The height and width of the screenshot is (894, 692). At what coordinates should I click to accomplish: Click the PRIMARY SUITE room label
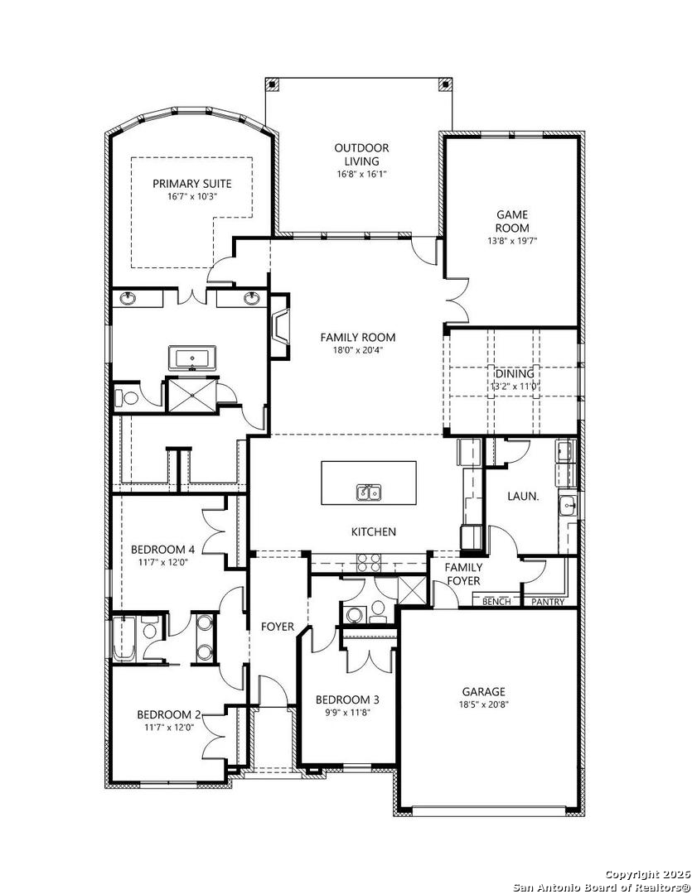[x=191, y=184]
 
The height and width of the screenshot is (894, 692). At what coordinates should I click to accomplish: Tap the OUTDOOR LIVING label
[x=361, y=155]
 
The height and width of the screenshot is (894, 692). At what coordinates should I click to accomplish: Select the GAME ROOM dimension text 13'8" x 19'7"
[x=512, y=241]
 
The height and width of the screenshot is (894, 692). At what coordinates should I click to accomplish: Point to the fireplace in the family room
[x=280, y=326]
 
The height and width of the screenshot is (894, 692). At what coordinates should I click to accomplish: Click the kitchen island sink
[x=369, y=492]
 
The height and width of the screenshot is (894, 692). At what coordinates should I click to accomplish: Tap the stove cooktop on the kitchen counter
[x=368, y=562]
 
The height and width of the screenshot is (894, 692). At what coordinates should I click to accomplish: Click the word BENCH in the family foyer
[x=496, y=602]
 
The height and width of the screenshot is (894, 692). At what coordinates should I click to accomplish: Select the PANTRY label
[x=548, y=602]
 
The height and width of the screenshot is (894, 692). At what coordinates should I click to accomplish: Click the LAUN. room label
[x=523, y=497]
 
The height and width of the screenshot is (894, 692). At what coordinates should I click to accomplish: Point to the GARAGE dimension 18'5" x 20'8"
[x=484, y=704]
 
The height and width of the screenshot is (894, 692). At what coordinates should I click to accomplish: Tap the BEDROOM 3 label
[x=347, y=699]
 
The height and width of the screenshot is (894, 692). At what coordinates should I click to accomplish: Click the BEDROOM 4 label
[x=162, y=550]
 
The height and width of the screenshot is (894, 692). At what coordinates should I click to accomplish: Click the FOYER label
[x=278, y=627]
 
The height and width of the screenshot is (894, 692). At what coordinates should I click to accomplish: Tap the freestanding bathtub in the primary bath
[x=192, y=358]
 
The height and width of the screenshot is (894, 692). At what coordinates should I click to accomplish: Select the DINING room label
[x=515, y=374]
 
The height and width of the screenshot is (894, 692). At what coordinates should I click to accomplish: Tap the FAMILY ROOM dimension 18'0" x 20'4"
[x=357, y=350]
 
